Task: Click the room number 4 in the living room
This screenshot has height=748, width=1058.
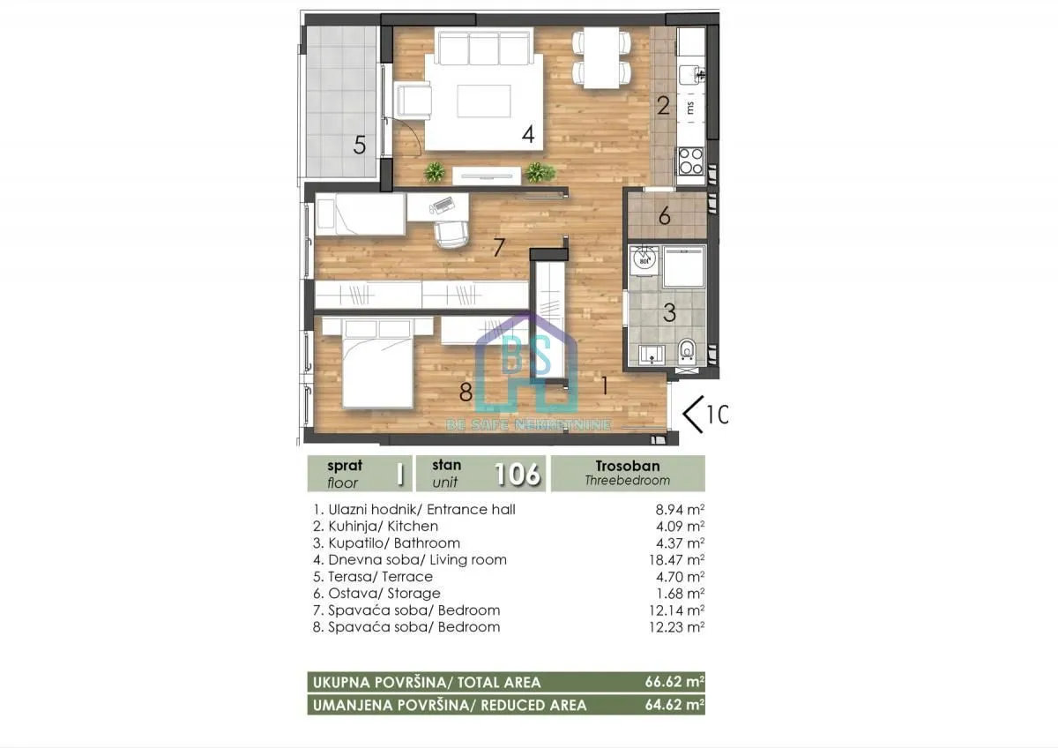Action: point(528,135)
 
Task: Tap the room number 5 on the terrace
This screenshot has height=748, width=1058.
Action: point(360,145)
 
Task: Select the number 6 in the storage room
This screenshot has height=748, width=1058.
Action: point(665,216)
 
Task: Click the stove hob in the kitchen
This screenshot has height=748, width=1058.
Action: point(689,161)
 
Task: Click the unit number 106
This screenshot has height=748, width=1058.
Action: point(517,474)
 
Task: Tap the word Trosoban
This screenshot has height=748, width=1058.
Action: point(627,466)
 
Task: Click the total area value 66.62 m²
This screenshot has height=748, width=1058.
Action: point(675,682)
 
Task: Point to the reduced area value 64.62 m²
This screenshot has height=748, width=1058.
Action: point(675,705)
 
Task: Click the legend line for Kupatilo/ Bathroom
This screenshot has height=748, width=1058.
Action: point(387,542)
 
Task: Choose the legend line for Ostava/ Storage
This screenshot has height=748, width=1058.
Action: point(376,593)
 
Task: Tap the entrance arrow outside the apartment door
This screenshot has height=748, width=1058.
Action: point(696,413)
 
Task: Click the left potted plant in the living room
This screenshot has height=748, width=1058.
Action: point(434,171)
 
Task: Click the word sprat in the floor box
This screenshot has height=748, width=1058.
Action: point(345,466)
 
